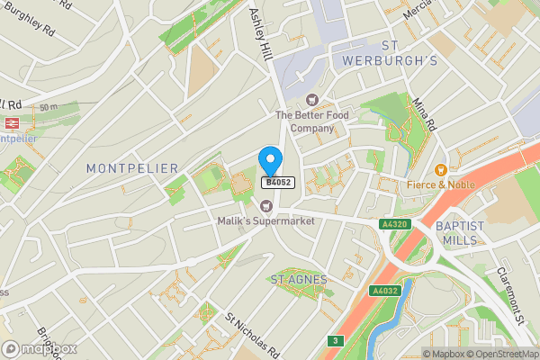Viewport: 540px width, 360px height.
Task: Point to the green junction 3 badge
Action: point(335,340)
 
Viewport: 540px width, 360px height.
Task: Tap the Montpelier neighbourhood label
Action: point(132,168)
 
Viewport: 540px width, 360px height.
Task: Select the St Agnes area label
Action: point(299,280)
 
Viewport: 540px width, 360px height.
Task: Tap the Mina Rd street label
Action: point(424,112)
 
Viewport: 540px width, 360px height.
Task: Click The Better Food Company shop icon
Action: point(312,100)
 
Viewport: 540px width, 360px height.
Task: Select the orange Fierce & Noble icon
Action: point(440,170)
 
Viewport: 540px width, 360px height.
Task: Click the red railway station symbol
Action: point(13,123)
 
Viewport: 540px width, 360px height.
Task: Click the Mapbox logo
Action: point(40,348)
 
